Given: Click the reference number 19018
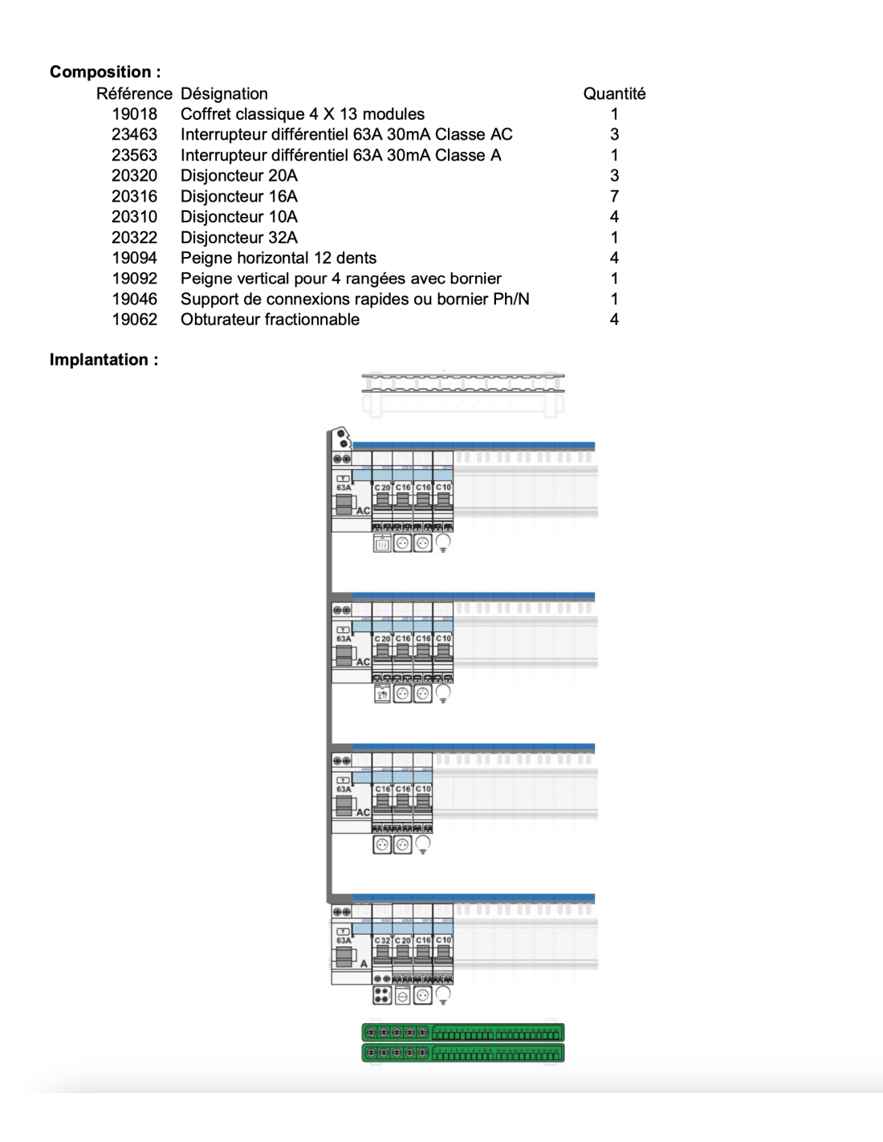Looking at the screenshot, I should point(134,114).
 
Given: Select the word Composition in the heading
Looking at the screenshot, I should point(100,71).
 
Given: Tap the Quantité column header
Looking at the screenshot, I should point(614,93).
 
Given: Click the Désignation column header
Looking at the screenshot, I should point(224,93).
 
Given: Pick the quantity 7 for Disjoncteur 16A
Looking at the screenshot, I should point(614,196).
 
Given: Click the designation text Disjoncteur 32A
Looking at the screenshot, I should point(238,237).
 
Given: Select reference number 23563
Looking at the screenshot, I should point(134,155).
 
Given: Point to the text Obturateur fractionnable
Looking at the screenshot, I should point(270,319).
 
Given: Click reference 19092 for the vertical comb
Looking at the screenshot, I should point(134,278).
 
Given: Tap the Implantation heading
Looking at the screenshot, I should point(104,359).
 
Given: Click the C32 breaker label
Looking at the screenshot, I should point(382,940).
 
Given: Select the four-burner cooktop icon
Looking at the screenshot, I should point(382,996).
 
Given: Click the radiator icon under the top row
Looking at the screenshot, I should point(382,544).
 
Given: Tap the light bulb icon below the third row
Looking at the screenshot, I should point(423,844).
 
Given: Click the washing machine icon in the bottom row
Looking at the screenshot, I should point(403,996).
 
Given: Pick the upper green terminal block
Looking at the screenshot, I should point(463,1032).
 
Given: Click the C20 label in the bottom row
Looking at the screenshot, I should point(403,940).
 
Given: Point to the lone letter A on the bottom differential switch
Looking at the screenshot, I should point(364,964).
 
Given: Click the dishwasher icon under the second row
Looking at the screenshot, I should point(382,694).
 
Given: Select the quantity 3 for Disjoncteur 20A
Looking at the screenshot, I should point(614,175).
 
